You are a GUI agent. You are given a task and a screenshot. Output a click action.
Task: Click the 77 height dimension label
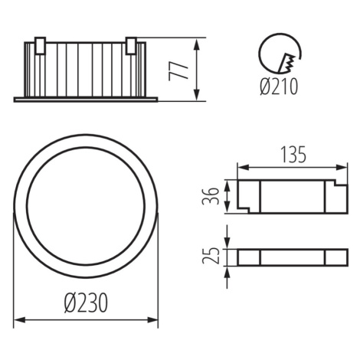[178, 70]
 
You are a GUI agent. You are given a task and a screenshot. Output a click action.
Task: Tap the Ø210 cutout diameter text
[279, 87]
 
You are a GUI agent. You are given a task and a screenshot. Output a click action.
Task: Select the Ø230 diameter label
[86, 303]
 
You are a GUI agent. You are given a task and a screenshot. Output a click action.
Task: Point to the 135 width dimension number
[293, 155]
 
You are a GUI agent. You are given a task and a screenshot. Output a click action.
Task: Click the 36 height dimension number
[211, 196]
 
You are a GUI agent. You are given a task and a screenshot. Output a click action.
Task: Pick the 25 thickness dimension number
[211, 256]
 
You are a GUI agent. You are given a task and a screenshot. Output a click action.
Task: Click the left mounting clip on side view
[41, 46]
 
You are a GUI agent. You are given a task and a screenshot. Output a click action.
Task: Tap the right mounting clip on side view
[131, 46]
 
